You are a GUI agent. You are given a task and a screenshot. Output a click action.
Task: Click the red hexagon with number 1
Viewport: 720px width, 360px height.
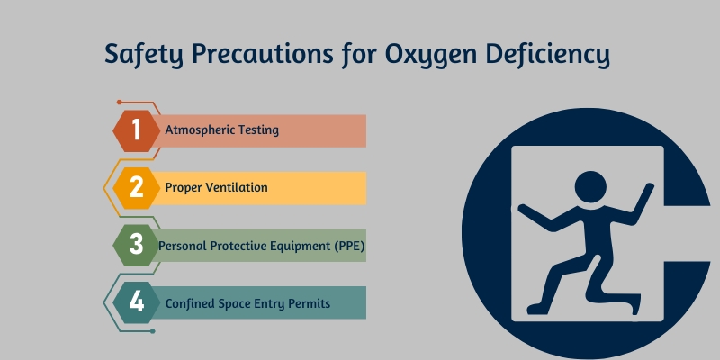click(x=137, y=130)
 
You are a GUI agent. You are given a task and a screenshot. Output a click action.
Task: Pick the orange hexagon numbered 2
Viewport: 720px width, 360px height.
click(x=137, y=187)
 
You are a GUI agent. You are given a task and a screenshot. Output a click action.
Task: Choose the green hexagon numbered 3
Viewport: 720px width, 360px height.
click(x=137, y=245)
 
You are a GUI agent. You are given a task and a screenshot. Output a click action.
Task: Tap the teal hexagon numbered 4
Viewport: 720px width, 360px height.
click(x=137, y=302)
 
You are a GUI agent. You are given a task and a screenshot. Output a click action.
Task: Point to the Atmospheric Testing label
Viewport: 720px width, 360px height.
click(x=221, y=130)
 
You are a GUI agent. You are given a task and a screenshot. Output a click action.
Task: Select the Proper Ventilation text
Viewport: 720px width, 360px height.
click(x=216, y=188)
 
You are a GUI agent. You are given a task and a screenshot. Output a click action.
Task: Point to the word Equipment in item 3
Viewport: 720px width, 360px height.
click(x=297, y=246)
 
